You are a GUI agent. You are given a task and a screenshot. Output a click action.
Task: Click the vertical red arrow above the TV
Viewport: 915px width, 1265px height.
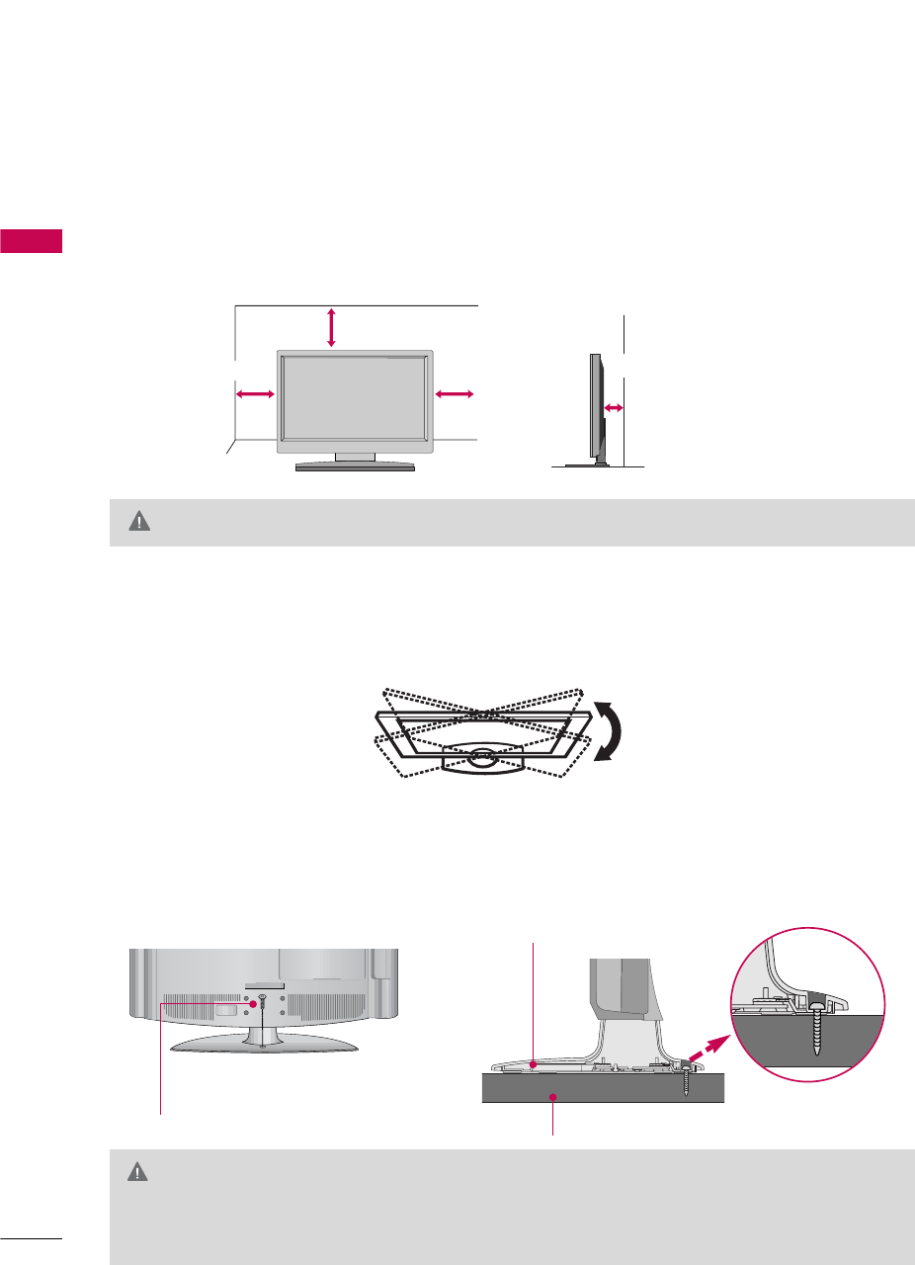click(331, 327)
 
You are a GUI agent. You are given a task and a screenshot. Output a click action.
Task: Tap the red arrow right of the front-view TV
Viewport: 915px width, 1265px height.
click(455, 394)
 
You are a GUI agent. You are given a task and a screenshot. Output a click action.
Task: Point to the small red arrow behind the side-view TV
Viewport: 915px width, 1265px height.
click(614, 407)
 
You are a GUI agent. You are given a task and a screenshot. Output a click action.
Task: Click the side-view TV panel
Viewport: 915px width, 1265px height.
click(596, 405)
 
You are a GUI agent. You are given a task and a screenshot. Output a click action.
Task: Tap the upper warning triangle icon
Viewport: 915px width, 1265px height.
click(140, 523)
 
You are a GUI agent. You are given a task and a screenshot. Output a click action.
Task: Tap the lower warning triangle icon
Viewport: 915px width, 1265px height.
click(140, 1172)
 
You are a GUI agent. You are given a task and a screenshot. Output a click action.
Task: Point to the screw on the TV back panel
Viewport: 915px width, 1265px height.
click(264, 999)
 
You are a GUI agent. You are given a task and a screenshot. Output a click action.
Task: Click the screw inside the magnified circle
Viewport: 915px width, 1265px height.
click(816, 1031)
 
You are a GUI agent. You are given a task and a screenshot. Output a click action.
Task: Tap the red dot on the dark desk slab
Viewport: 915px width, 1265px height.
click(554, 1097)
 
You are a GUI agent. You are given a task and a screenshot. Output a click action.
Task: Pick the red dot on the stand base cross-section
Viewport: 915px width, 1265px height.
click(533, 1064)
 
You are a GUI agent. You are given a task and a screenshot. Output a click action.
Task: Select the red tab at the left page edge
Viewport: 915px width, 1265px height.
click(31, 240)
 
